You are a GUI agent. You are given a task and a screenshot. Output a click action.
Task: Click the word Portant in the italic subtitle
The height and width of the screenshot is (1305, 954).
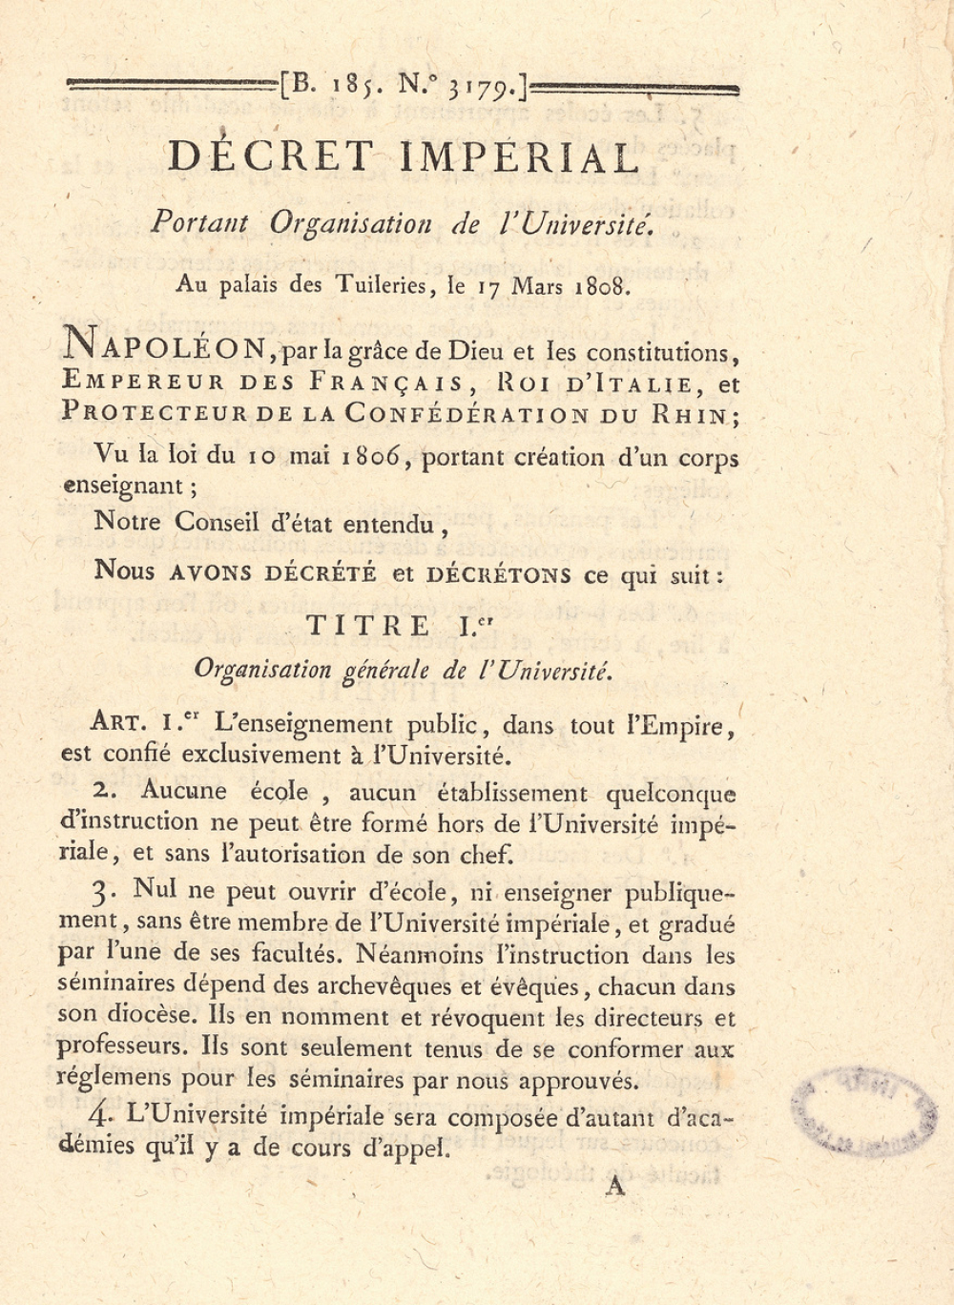point(199,222)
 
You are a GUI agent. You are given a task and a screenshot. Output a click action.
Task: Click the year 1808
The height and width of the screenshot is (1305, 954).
point(602,286)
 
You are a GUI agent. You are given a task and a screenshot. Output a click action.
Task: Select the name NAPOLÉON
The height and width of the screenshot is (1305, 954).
point(168,346)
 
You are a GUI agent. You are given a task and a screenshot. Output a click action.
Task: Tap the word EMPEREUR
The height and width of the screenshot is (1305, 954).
point(143,383)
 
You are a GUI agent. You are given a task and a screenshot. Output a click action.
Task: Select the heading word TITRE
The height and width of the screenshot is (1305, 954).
point(368,626)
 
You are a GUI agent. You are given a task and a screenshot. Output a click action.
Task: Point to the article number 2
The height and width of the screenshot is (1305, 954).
point(102,790)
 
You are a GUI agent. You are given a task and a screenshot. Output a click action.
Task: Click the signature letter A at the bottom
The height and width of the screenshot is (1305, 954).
point(615,1186)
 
